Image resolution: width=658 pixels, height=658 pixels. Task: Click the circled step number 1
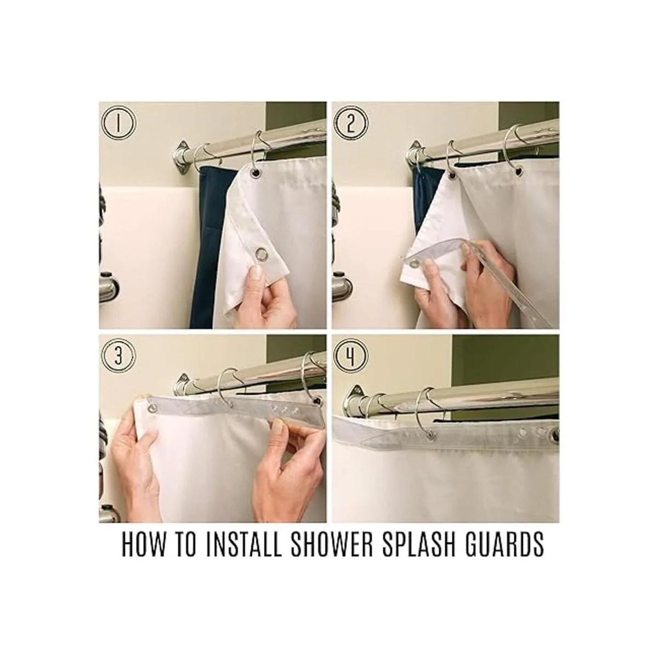click(x=118, y=123)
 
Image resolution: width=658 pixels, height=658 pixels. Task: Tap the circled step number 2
click(x=351, y=123)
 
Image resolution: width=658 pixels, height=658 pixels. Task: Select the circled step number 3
click(x=118, y=357)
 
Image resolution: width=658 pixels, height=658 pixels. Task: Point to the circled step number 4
click(x=351, y=357)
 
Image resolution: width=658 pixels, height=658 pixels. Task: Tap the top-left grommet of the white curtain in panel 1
click(x=255, y=172)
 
